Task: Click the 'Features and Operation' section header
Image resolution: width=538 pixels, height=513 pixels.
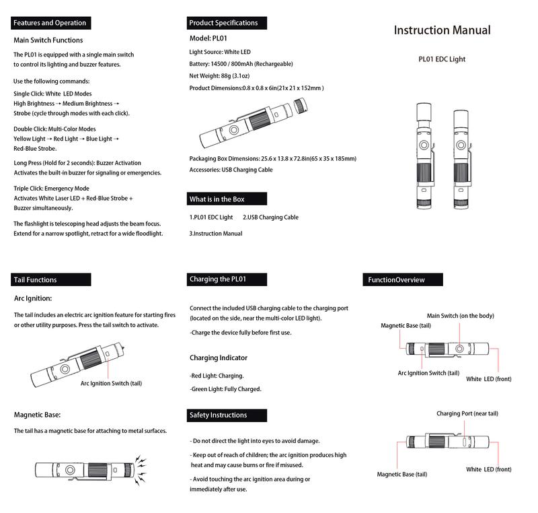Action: pyautogui.click(x=50, y=23)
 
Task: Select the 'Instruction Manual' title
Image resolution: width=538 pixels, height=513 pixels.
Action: pyautogui.click(x=442, y=30)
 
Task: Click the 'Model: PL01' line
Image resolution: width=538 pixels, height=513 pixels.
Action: pyautogui.click(x=210, y=38)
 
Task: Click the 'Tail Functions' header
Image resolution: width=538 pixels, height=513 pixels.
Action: pyautogui.click(x=36, y=279)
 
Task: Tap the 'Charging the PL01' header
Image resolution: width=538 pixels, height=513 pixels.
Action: pyautogui.click(x=219, y=279)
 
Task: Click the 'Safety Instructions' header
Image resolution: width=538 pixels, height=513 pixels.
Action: pyautogui.click(x=218, y=415)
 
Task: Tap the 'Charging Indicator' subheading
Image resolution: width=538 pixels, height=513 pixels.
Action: pyautogui.click(x=219, y=357)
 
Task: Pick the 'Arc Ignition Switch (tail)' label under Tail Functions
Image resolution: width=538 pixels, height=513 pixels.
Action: pyautogui.click(x=111, y=383)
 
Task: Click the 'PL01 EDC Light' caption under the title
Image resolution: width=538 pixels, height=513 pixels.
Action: pyautogui.click(x=442, y=59)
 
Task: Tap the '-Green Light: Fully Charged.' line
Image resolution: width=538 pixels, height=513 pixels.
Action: pyautogui.click(x=225, y=388)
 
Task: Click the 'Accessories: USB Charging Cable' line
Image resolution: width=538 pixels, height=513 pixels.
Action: pyautogui.click(x=231, y=170)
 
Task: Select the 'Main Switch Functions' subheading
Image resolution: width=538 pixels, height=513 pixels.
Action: pyautogui.click(x=48, y=40)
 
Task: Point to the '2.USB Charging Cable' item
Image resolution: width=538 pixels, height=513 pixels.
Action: pyautogui.click(x=270, y=217)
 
